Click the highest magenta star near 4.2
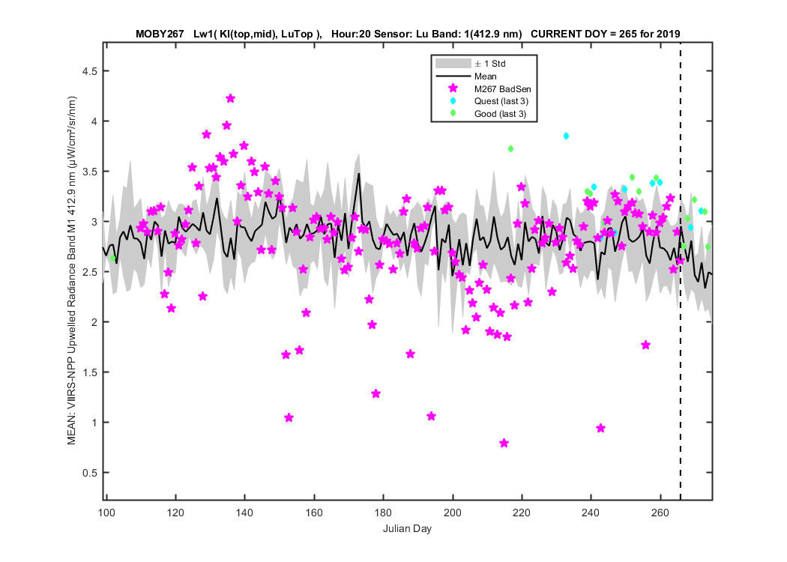click(230, 98)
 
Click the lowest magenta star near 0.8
click(504, 443)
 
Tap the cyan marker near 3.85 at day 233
click(566, 136)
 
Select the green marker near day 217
click(510, 148)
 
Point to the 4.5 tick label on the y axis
click(90, 71)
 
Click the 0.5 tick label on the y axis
click(90, 473)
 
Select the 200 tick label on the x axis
click(453, 513)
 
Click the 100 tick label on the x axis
click(106, 513)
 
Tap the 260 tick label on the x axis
click(660, 513)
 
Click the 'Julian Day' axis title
click(407, 528)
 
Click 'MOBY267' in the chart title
click(160, 34)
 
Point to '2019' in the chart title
click(669, 34)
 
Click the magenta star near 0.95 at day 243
click(601, 428)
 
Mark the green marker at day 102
click(113, 258)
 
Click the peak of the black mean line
click(358, 174)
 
